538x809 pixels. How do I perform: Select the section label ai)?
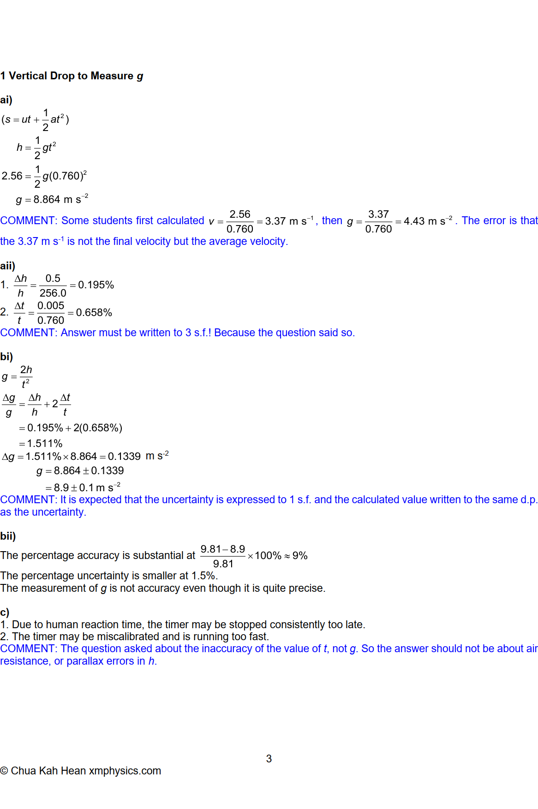(x=6, y=100)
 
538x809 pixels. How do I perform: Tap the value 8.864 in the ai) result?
(x=47, y=200)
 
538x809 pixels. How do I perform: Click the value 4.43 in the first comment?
(x=414, y=221)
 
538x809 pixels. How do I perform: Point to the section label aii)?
(x=7, y=266)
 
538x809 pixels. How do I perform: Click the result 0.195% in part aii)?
(x=96, y=285)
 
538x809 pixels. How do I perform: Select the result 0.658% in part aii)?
(x=94, y=313)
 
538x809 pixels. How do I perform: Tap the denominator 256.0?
(x=53, y=293)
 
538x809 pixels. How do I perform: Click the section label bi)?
(x=6, y=357)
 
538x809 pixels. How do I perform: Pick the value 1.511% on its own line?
(x=45, y=444)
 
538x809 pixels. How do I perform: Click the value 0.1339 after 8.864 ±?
(x=108, y=471)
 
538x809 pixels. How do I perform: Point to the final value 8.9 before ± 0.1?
(x=61, y=488)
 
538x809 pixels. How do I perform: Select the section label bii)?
(x=8, y=536)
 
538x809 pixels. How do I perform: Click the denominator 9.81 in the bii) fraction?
(x=223, y=564)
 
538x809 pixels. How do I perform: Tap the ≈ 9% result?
(x=296, y=556)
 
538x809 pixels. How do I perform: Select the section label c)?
(x=5, y=613)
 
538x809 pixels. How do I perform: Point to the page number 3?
(x=269, y=759)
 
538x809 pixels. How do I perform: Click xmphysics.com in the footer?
(x=125, y=771)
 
